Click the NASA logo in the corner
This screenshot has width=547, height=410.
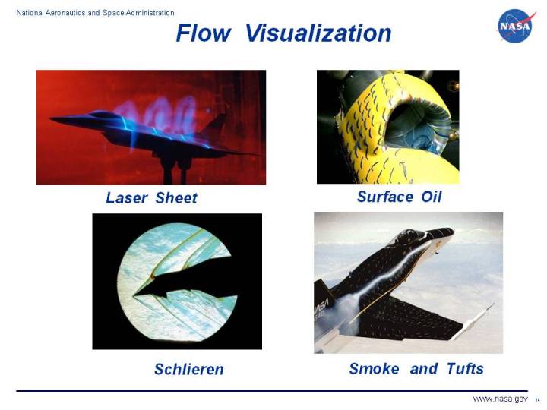(x=517, y=26)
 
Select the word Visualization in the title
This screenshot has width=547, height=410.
(x=318, y=33)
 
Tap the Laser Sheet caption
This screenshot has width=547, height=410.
(x=151, y=198)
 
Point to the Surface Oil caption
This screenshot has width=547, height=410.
(x=399, y=197)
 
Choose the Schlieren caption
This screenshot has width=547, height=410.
(x=189, y=370)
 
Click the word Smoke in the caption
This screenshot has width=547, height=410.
(x=374, y=369)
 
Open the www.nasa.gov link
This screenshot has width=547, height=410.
(x=500, y=399)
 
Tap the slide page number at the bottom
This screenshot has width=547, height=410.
(x=537, y=400)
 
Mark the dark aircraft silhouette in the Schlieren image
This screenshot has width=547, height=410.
(x=171, y=284)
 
